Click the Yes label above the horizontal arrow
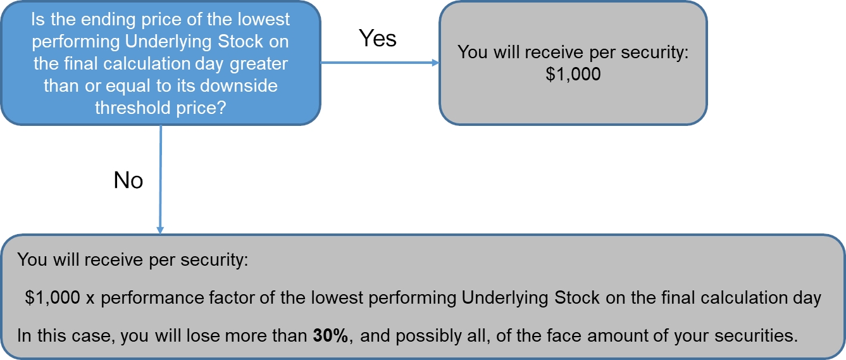(x=377, y=38)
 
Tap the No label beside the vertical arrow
(x=128, y=180)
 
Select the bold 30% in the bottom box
(x=330, y=335)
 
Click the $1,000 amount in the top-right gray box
(x=573, y=74)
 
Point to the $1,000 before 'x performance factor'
(x=53, y=297)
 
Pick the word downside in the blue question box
(x=239, y=86)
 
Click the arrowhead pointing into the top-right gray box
(x=435, y=63)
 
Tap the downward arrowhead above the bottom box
(x=160, y=230)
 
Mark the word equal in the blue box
(x=128, y=87)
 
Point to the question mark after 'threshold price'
(x=221, y=108)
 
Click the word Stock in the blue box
(x=240, y=42)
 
